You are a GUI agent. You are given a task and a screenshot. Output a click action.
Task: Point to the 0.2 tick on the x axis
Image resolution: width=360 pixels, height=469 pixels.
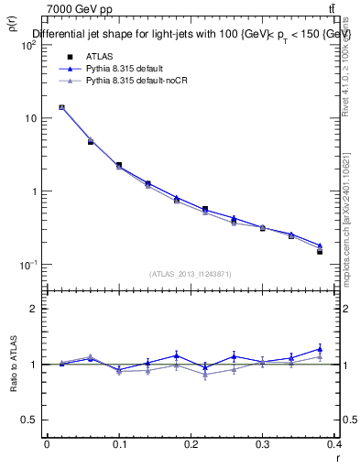[191, 445]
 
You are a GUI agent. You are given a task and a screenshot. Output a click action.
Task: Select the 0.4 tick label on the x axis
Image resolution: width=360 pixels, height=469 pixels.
[334, 445]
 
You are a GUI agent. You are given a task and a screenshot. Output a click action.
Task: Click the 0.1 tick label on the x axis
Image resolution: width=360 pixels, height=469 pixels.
[119, 445]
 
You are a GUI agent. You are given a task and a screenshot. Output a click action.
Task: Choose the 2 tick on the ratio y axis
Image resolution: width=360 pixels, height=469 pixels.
[35, 309]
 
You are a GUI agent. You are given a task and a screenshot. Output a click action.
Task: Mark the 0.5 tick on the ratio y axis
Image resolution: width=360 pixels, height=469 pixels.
[30, 420]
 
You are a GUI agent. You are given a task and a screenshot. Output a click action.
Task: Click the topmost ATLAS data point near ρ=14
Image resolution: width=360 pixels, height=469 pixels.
[61, 107]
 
